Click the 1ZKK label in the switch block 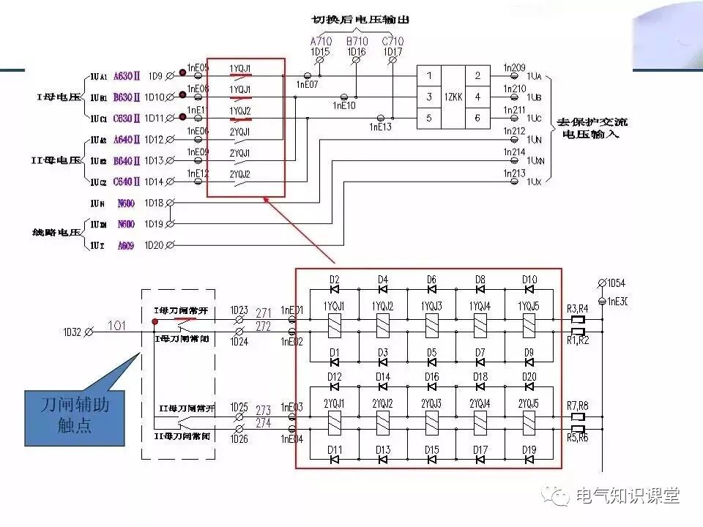pos(454,97)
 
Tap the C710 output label pos(393,42)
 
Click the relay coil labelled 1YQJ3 pos(431,324)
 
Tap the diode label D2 pos(334,279)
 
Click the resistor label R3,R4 pos(578,308)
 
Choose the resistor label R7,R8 pos(578,405)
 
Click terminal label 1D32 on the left pos(73,332)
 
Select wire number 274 pos(263,424)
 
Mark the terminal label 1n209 pos(514,67)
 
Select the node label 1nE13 pos(379,127)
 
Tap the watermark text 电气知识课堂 pos(628,496)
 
